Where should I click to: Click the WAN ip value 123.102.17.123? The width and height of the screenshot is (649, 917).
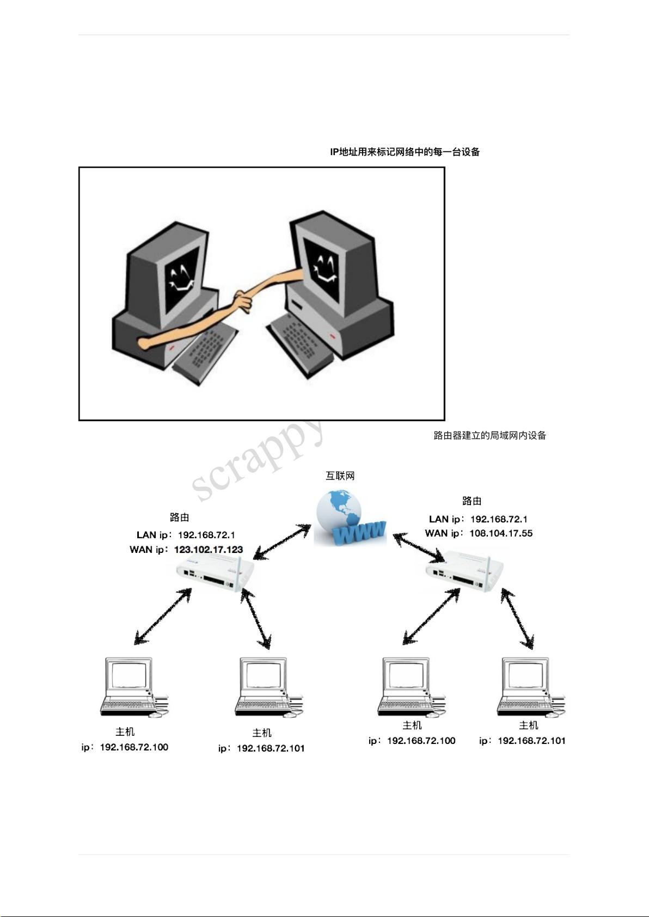click(209, 550)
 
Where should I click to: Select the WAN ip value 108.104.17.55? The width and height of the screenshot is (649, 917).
click(501, 533)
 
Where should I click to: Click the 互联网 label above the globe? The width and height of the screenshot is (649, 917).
click(340, 476)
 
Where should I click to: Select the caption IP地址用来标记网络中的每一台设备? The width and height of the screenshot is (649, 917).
click(405, 152)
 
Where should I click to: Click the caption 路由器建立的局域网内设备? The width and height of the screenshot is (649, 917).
click(489, 435)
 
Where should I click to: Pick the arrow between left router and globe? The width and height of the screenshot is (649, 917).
click(282, 542)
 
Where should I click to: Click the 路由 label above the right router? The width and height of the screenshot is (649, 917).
click(472, 501)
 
